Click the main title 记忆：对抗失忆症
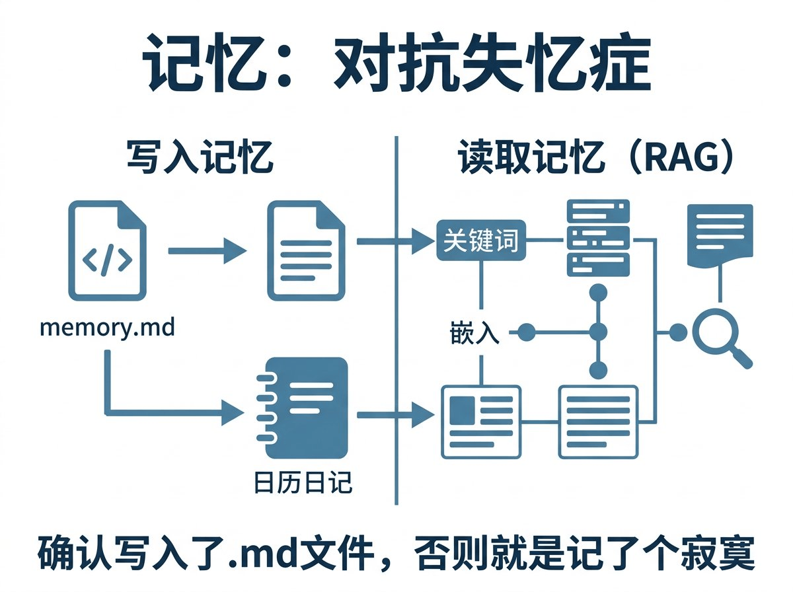tap(397, 66)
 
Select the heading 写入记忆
tap(200, 159)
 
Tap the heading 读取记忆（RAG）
tap(595, 159)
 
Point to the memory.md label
tap(108, 327)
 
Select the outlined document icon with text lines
tap(305, 251)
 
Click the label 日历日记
tap(303, 484)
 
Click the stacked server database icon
tap(598, 238)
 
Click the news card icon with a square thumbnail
tap(480, 422)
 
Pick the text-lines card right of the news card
tap(598, 422)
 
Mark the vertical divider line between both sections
tap(396, 317)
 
